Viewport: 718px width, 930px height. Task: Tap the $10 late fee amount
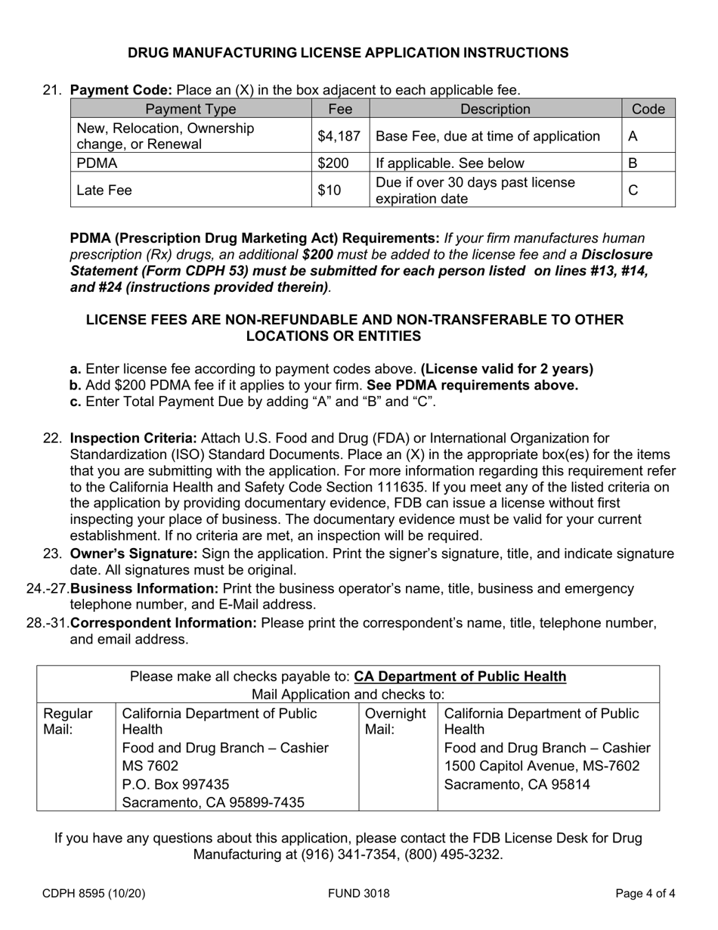pos(329,191)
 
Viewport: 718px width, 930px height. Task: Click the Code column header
pos(648,109)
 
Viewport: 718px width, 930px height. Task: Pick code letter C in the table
pos(633,191)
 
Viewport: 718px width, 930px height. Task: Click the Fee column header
pos(340,109)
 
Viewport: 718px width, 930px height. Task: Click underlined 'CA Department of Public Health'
pos(460,676)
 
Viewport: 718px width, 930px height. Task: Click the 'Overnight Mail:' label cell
pos(396,721)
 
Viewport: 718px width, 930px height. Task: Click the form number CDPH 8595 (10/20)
pos(94,894)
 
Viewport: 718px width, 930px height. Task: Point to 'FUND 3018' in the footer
pos(359,894)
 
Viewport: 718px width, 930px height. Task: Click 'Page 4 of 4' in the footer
pos(645,894)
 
